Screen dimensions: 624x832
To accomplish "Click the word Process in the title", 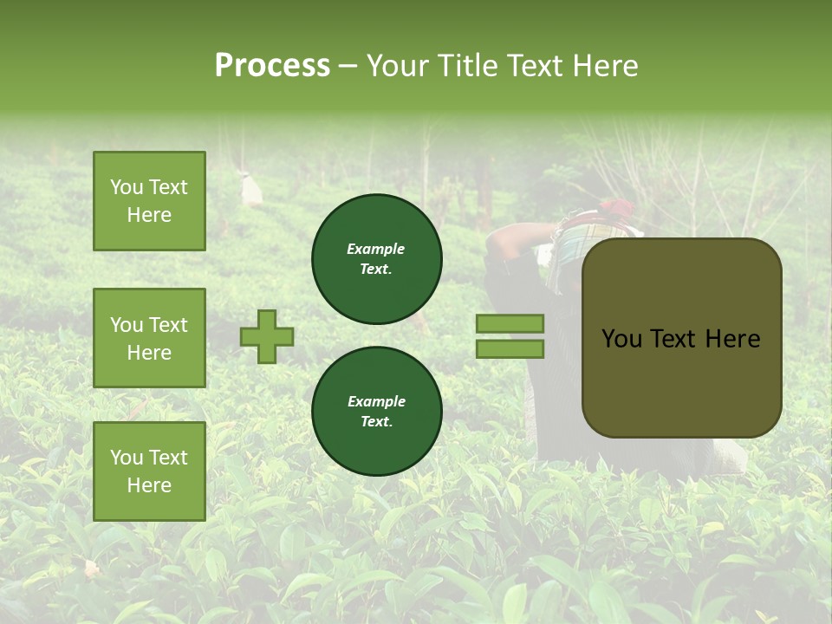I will (272, 65).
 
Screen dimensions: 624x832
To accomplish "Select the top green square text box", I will (149, 201).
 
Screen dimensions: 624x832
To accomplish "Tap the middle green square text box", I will (149, 338).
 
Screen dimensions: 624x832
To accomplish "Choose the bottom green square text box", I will (149, 471).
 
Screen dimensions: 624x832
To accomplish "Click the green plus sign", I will (267, 336).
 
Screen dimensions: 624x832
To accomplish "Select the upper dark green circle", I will (376, 259).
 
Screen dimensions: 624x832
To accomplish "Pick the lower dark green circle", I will (376, 412).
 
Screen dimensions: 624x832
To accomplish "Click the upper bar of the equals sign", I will (510, 324).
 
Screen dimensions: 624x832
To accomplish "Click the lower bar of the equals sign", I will (510, 348).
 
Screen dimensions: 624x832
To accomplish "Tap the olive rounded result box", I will (681, 338).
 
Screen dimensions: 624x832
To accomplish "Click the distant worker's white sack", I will (251, 190).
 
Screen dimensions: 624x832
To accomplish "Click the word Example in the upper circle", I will (375, 249).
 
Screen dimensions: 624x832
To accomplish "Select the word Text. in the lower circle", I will (375, 422).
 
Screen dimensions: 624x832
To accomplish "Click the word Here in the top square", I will (149, 215).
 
